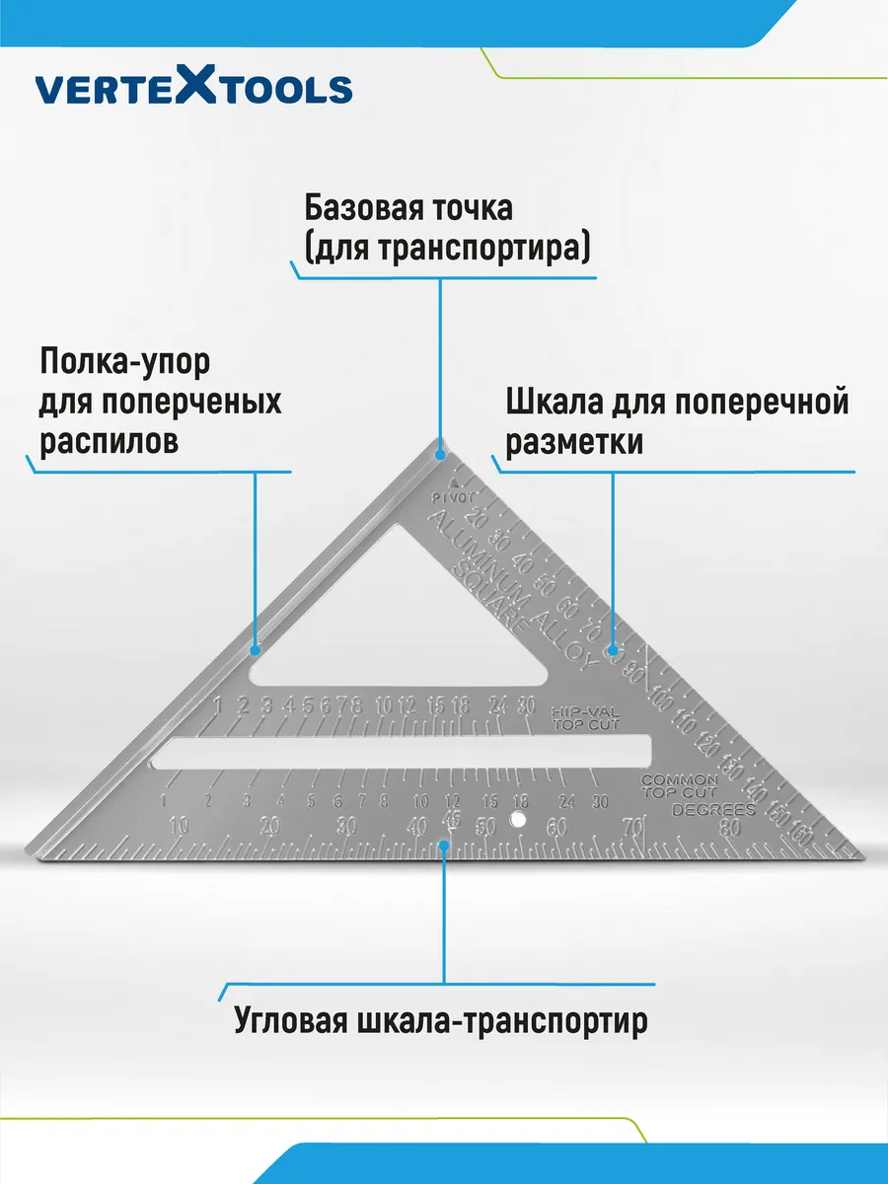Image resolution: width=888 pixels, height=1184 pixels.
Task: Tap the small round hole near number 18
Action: pos(516,818)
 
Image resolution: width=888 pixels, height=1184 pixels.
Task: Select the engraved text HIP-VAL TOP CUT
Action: pos(581,716)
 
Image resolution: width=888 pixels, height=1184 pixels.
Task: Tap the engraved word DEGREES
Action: pos(713,810)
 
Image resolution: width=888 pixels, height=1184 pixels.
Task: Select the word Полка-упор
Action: pos(124,362)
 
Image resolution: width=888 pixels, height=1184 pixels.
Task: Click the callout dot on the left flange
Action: pos(256,649)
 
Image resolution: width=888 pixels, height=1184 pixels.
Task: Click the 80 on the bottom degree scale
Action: pos(731,829)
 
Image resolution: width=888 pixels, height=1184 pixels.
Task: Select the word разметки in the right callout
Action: pos(574,442)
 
